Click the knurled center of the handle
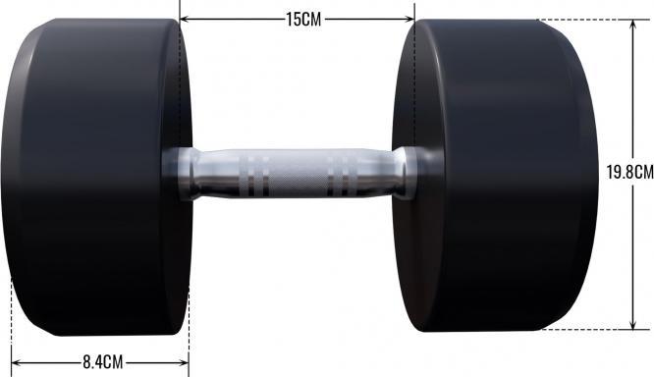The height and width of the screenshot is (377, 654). [296, 175]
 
